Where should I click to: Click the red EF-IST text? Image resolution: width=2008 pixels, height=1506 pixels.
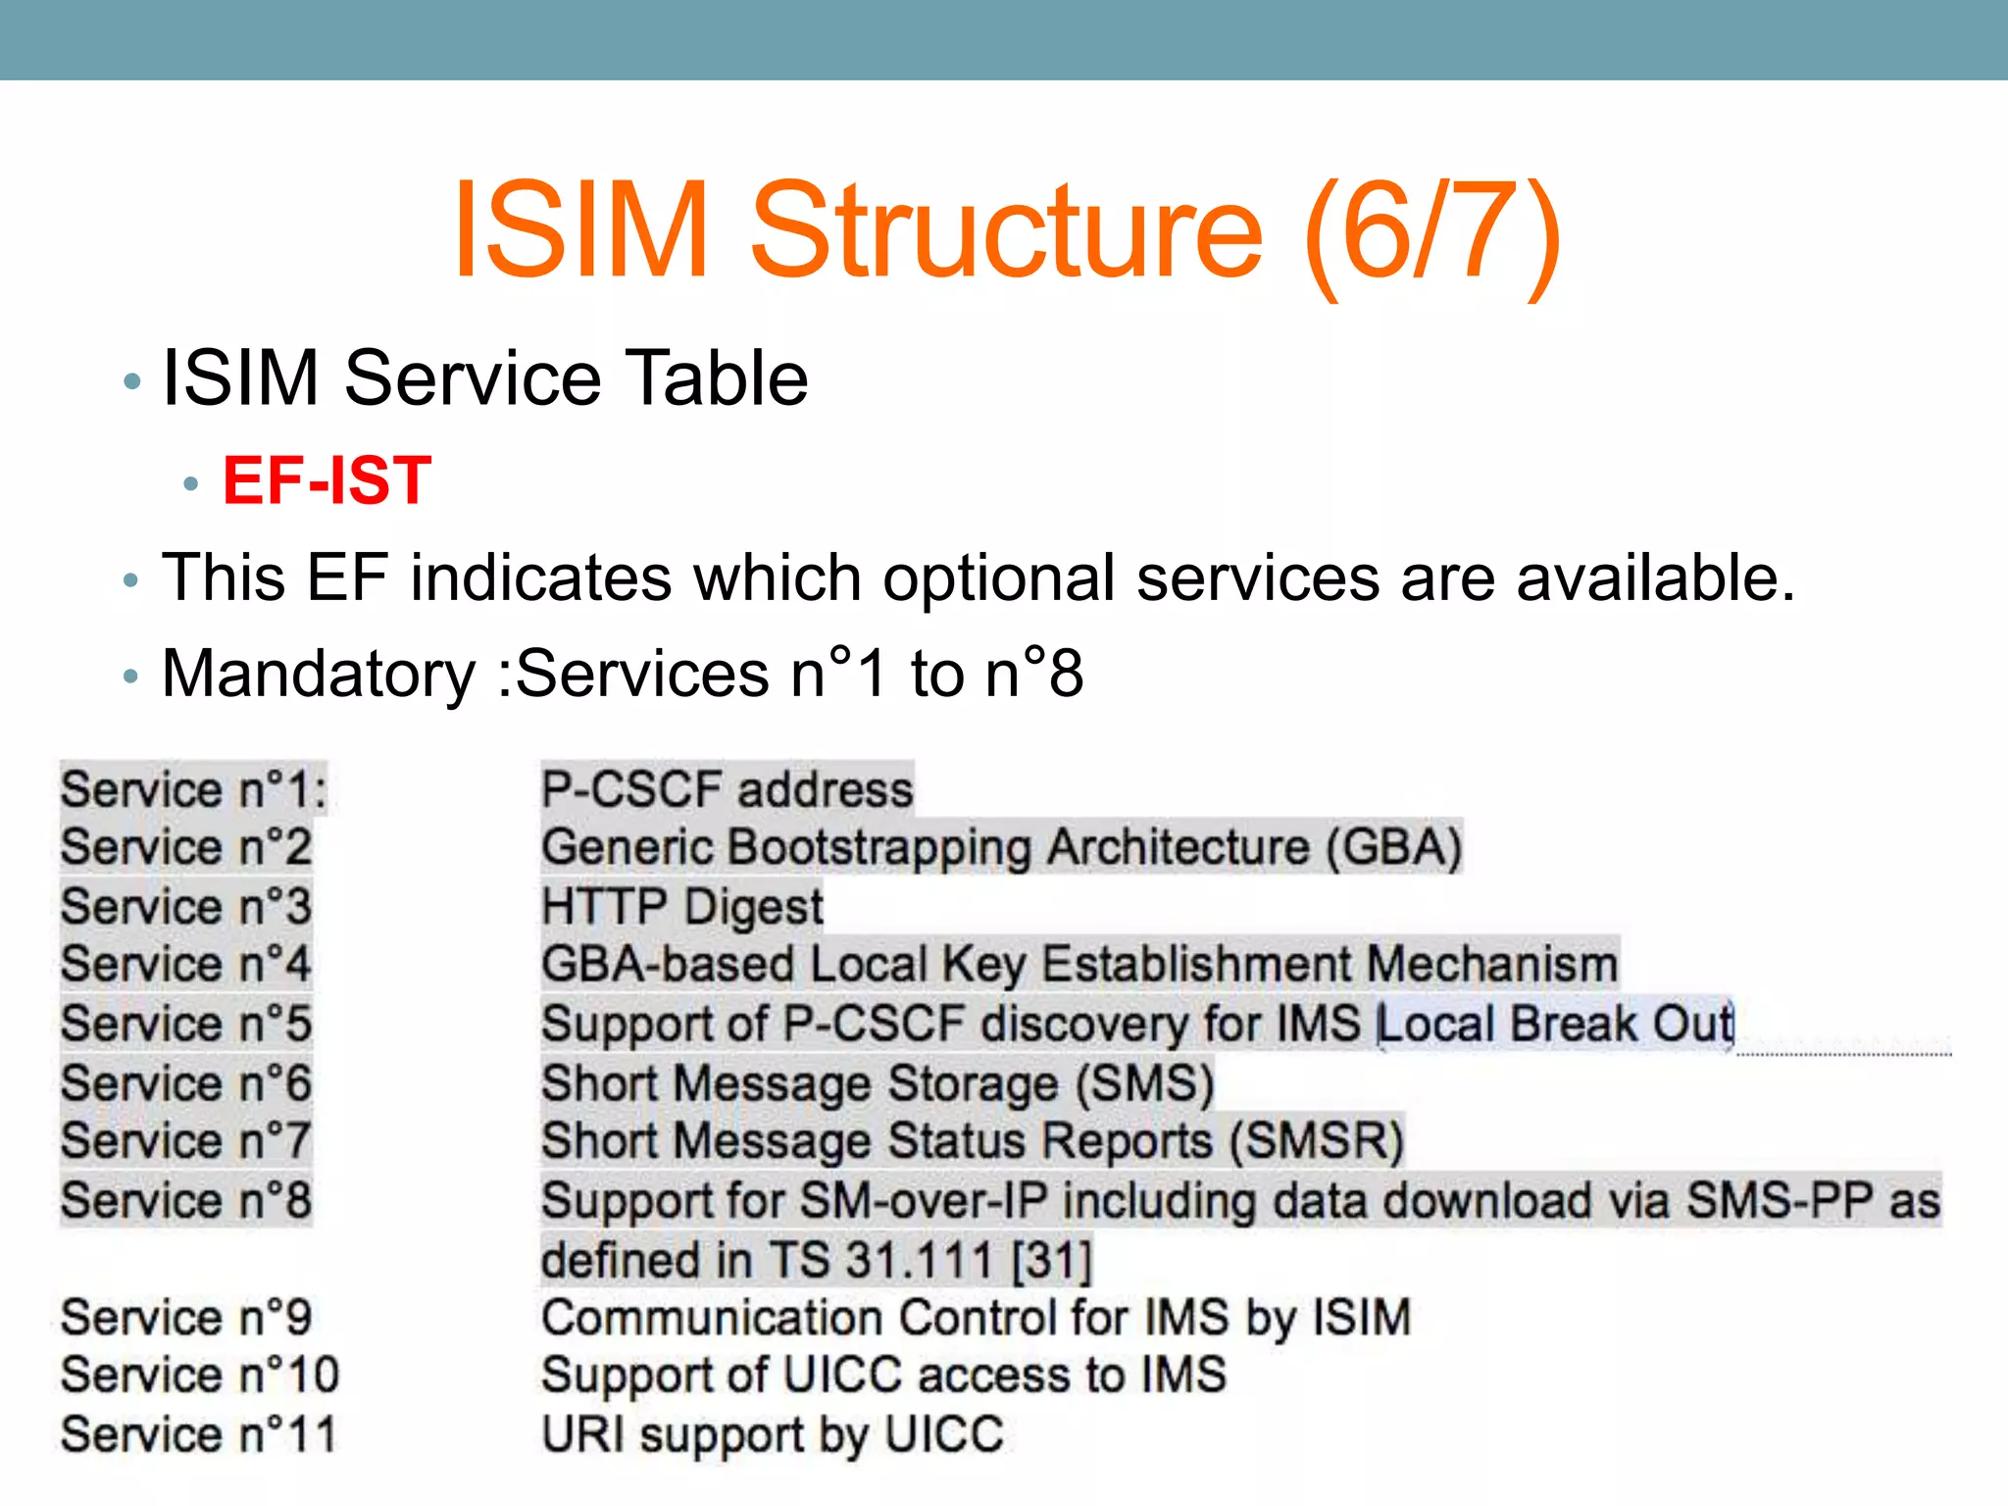click(326, 480)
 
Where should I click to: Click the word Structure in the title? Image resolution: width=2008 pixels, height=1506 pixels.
click(1006, 230)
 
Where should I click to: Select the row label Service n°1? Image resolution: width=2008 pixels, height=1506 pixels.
click(193, 789)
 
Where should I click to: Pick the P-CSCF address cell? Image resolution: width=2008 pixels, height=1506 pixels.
click(727, 789)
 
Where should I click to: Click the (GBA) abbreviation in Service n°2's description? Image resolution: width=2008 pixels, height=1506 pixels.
click(1393, 847)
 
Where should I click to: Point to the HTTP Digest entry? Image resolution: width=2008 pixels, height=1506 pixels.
click(682, 906)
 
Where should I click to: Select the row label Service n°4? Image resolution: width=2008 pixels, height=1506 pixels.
click(185, 964)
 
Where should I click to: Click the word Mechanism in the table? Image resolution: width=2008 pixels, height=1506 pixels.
click(1491, 964)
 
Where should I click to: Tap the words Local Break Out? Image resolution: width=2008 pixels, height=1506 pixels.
click(1555, 1024)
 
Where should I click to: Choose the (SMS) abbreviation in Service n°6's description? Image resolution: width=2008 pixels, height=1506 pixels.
click(1144, 1083)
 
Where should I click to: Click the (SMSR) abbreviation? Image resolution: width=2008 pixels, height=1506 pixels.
click(1317, 1141)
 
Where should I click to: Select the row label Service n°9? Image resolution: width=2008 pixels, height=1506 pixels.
click(185, 1317)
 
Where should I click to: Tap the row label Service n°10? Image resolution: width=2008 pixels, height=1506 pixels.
click(199, 1375)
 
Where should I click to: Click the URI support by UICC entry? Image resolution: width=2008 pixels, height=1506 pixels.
click(773, 1434)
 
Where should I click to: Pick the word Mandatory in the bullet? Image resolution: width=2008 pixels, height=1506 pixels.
click(319, 675)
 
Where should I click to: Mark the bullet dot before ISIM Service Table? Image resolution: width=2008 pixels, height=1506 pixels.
click(132, 381)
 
